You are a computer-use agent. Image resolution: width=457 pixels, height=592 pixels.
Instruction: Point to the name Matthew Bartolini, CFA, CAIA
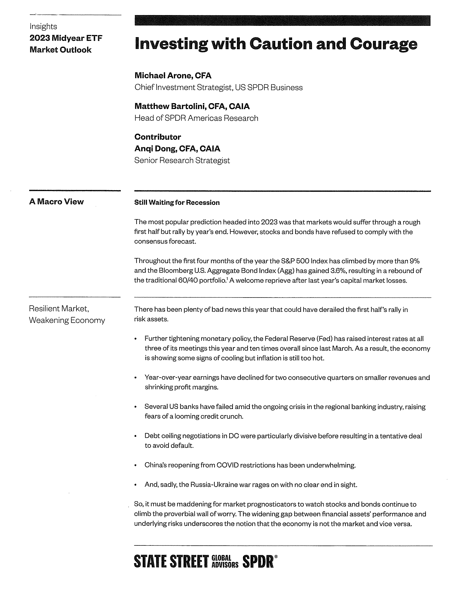pyautogui.click(x=192, y=106)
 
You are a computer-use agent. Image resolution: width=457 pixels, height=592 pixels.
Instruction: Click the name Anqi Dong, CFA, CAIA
pyautogui.click(x=177, y=149)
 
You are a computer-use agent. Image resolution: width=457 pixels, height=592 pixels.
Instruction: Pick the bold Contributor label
pyautogui.click(x=158, y=137)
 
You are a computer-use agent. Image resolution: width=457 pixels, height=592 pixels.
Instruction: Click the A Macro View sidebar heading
pyautogui.click(x=56, y=201)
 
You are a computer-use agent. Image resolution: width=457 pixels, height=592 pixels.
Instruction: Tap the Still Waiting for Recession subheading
pyautogui.click(x=177, y=203)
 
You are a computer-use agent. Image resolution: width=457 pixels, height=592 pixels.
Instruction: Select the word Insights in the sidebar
pyautogui.click(x=43, y=26)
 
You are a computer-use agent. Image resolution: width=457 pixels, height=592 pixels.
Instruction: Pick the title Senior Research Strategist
pyautogui.click(x=182, y=161)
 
